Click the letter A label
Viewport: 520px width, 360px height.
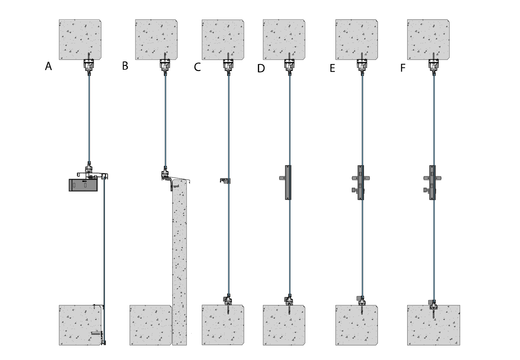[48, 66]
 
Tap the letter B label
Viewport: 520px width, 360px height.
[125, 66]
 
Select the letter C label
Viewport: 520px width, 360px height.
[197, 67]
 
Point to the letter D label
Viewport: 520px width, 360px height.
[261, 68]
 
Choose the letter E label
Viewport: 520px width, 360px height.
[332, 68]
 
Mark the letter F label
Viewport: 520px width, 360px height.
[403, 68]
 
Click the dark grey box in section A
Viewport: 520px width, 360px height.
[83, 185]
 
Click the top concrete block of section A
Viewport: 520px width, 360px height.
[80, 40]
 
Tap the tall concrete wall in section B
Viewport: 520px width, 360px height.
[179, 262]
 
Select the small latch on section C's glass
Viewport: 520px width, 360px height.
[225, 181]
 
